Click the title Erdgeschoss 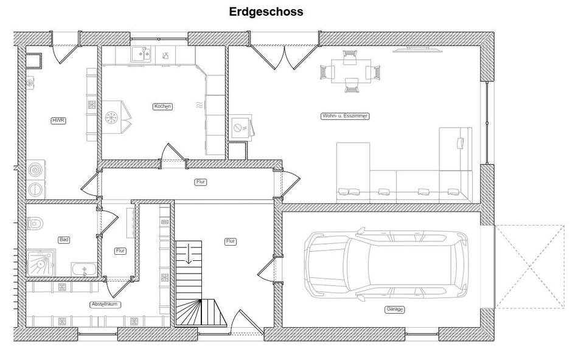(266, 12)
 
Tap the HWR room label (58, 121)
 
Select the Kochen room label (162, 106)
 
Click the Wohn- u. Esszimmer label (345, 116)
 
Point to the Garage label (394, 310)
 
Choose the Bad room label (63, 240)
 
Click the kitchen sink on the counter (142, 55)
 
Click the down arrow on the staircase (189, 252)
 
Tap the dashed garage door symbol (529, 266)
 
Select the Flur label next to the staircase (231, 241)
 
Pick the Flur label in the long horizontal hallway (201, 182)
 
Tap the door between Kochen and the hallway (172, 154)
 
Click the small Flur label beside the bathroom (120, 251)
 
